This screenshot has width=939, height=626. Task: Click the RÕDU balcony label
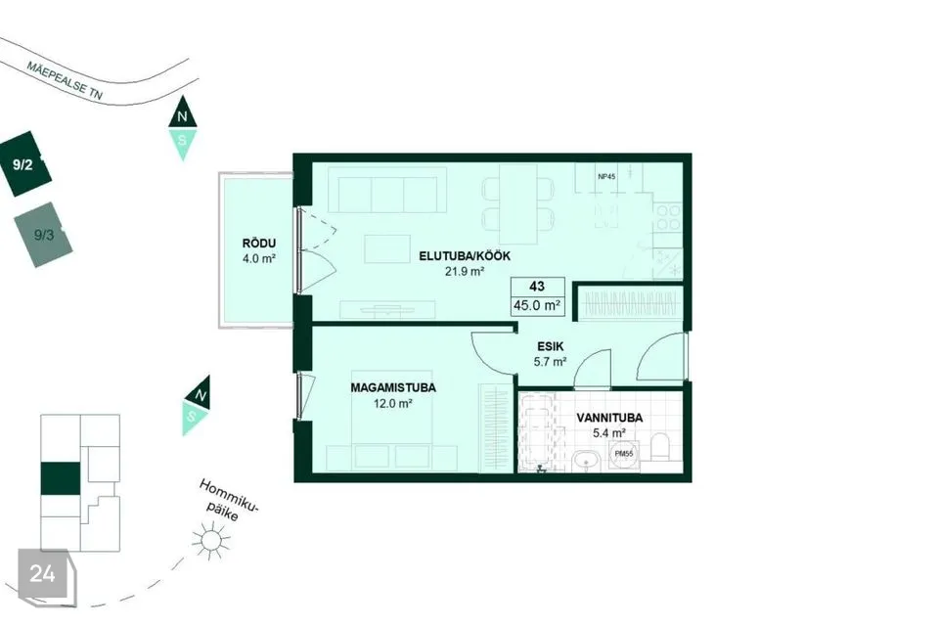pyautogui.click(x=258, y=244)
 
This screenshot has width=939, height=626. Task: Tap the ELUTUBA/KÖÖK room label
pyautogui.click(x=465, y=256)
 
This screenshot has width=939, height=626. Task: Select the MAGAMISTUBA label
pyautogui.click(x=393, y=387)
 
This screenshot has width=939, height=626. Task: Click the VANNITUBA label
pyautogui.click(x=609, y=418)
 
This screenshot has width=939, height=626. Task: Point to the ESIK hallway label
pyautogui.click(x=551, y=346)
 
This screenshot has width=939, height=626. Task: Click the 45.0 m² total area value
pyautogui.click(x=537, y=305)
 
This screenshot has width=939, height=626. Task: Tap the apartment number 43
pyautogui.click(x=537, y=287)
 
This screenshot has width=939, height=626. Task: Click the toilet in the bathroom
pyautogui.click(x=660, y=448)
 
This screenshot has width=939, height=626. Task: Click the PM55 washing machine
pyautogui.click(x=623, y=454)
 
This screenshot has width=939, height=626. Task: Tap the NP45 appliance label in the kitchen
pyautogui.click(x=606, y=177)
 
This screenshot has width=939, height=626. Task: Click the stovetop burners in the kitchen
pyautogui.click(x=668, y=217)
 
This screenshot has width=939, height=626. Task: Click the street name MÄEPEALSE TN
pyautogui.click(x=65, y=80)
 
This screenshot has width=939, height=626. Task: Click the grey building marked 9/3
pyautogui.click(x=43, y=235)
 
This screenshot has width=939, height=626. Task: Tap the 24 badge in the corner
pyautogui.click(x=42, y=574)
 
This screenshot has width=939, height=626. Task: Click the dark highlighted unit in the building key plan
pyautogui.click(x=60, y=478)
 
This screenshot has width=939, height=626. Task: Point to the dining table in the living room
pyautogui.click(x=518, y=204)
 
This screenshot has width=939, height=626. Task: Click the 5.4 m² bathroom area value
pyautogui.click(x=609, y=432)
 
